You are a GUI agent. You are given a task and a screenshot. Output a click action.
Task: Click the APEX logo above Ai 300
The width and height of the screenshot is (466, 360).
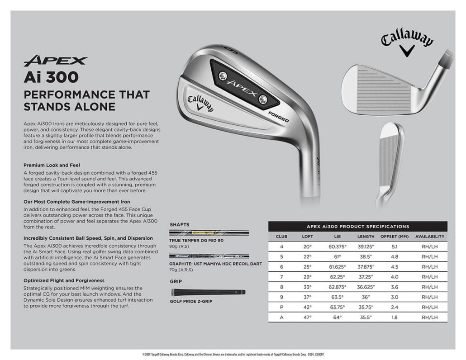pos(55,61)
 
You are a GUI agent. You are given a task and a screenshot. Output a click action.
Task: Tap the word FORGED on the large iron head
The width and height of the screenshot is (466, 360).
pos(278,117)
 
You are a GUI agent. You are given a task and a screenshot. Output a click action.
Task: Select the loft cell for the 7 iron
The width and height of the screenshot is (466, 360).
pos(307,277)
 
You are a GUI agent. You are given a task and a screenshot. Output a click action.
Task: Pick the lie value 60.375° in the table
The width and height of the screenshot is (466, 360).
pos(337,246)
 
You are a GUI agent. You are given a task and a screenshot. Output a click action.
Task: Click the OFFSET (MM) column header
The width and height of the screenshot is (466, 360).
pos(395,237)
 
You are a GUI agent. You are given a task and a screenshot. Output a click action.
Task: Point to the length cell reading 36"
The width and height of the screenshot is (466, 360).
pos(366,297)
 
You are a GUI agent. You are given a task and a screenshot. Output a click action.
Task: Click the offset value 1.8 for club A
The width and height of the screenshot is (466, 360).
pos(395,317)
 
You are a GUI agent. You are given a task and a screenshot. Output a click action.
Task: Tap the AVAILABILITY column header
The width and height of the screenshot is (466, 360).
pos(429,237)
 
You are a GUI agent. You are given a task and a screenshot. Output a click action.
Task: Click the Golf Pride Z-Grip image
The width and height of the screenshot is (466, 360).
pos(208,292)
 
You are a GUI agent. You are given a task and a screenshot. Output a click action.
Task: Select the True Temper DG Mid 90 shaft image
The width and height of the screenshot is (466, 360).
pos(209,233)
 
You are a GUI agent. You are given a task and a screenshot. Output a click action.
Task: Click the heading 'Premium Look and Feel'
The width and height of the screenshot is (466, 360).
pos(52,165)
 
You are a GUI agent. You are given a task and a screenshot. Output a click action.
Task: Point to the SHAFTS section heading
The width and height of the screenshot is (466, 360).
pos(180,224)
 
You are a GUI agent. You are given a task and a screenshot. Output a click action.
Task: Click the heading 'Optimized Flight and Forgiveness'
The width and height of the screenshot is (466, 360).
pos(64,280)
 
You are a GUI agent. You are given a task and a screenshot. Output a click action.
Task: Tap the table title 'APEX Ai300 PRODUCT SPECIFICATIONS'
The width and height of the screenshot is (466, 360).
pos(357,227)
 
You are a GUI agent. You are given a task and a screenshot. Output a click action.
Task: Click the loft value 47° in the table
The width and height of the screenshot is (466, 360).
pos(307,317)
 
